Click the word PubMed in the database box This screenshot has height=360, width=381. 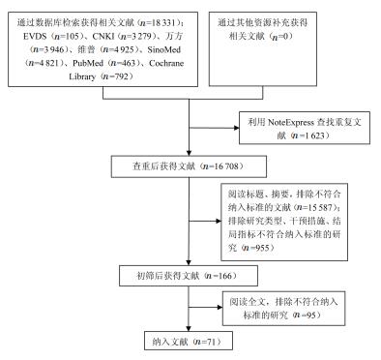click(88, 63)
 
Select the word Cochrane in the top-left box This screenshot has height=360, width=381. click(166, 63)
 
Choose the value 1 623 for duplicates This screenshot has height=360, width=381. click(313, 135)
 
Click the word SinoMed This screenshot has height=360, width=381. click(164, 49)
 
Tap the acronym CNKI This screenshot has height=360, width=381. click(103, 36)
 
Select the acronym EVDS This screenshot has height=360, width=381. click(35, 36)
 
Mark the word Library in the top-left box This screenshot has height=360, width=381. click(82, 76)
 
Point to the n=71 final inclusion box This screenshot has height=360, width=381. click(189, 341)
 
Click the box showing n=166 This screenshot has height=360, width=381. click(189, 276)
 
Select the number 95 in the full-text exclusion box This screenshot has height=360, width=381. click(311, 315)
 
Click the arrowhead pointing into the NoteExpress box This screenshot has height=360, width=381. click(236, 128)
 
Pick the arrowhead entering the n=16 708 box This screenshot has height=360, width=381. click(189, 153)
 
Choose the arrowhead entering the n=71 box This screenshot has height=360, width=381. click(189, 328)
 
